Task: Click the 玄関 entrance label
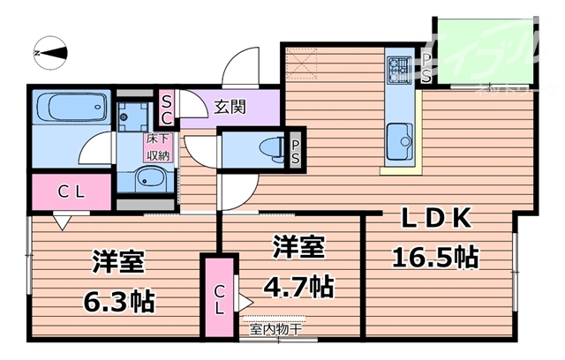[x=230, y=109]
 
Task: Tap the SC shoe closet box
[x=166, y=109]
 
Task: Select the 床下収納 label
[x=158, y=146]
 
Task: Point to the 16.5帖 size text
[x=435, y=258]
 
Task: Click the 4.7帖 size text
[x=295, y=288]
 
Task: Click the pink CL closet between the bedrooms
[x=220, y=296]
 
